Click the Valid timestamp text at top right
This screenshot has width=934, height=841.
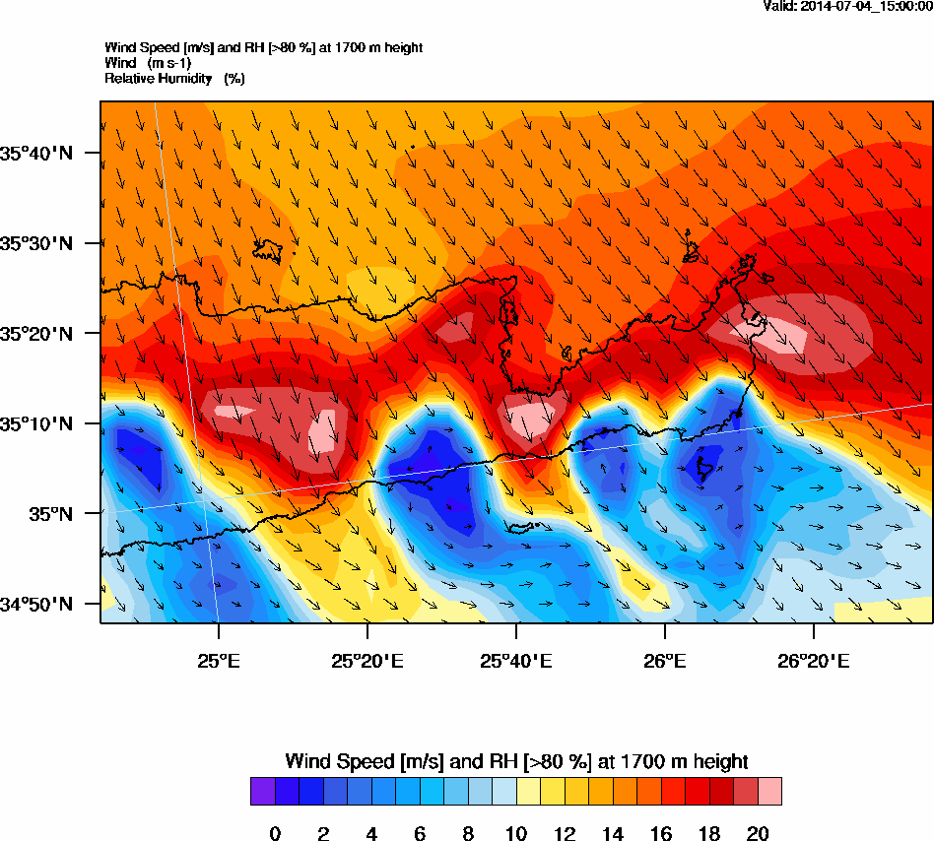tap(848, 6)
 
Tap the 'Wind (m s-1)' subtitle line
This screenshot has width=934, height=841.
tap(148, 63)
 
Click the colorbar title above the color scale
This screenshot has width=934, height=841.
tap(516, 761)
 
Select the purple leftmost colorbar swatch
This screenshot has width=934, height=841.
tap(262, 792)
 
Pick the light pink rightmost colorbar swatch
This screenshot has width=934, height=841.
tap(769, 792)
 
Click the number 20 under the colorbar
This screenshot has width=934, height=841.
tap(758, 834)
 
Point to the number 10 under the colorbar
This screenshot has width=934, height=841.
tap(516, 834)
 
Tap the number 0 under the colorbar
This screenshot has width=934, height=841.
tap(275, 834)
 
